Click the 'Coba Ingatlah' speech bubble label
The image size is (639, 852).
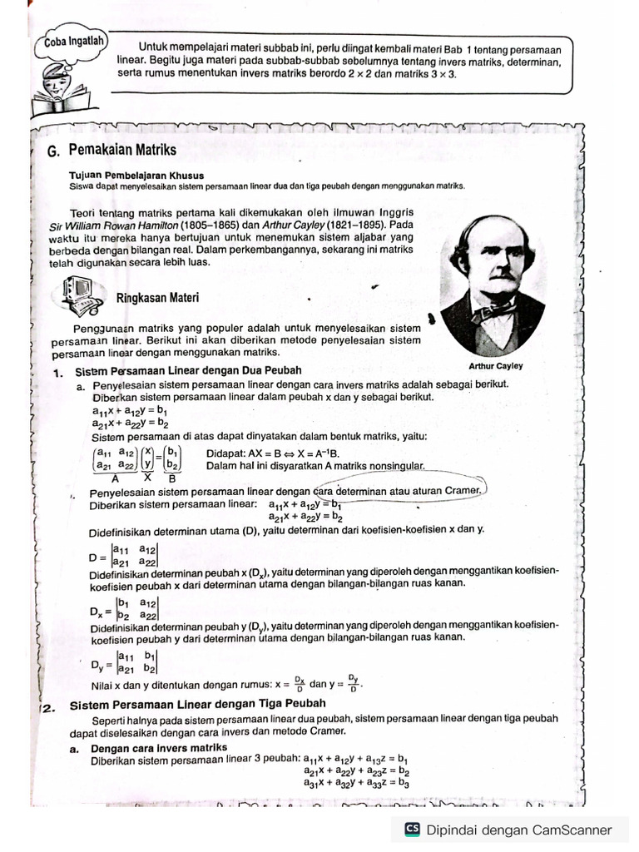click(x=68, y=39)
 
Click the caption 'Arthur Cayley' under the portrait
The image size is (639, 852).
click(x=496, y=366)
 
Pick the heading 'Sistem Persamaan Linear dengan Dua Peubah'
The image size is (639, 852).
click(x=188, y=370)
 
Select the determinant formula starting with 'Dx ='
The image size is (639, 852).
click(x=124, y=609)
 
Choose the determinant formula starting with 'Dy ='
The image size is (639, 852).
click(x=124, y=662)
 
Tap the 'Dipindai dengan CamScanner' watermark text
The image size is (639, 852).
click(x=519, y=830)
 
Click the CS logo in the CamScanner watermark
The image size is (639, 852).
click(x=411, y=830)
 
